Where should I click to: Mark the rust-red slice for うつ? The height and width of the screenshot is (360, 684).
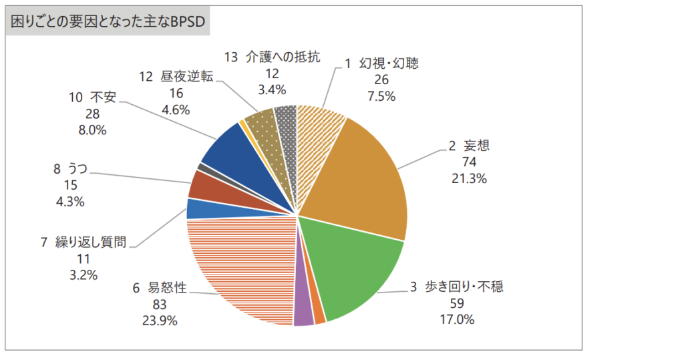coord(200,184)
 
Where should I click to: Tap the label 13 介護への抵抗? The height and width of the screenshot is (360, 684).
coord(273,57)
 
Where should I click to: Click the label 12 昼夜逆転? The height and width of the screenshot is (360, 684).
coord(176,76)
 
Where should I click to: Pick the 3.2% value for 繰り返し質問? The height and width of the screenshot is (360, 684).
coord(84,275)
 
